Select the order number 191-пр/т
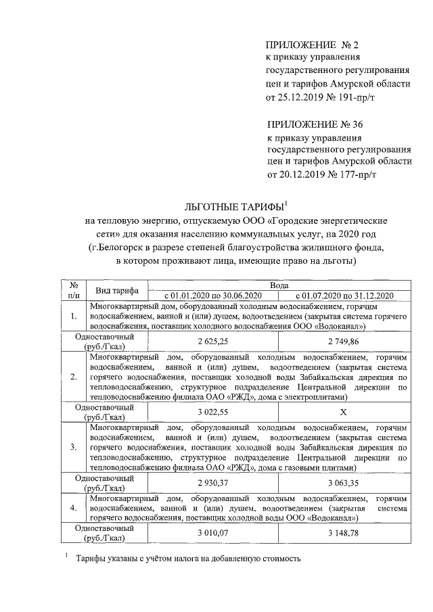(350, 99)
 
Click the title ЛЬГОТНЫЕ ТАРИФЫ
(233, 206)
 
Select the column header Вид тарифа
(117, 290)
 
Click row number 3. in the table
(73, 448)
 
